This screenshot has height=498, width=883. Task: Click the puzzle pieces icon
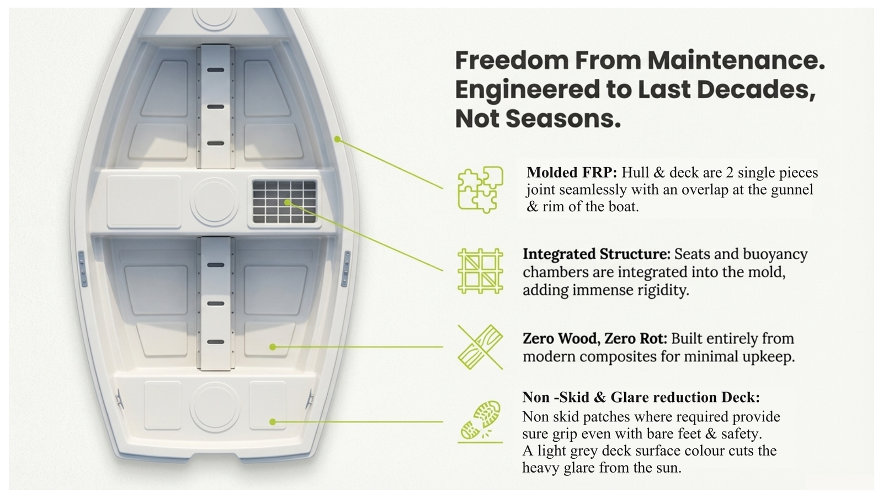click(x=480, y=189)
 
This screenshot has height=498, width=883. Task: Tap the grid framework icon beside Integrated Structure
click(x=480, y=271)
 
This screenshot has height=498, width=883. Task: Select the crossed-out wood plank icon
click(x=480, y=347)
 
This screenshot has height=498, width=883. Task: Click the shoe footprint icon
click(x=480, y=420)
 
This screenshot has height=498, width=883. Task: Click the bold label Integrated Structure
click(x=596, y=254)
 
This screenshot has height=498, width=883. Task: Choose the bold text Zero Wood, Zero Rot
click(x=595, y=338)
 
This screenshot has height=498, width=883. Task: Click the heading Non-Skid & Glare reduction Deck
click(x=641, y=397)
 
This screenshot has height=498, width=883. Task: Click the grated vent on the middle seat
click(x=284, y=201)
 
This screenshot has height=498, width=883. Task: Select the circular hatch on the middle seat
click(x=214, y=201)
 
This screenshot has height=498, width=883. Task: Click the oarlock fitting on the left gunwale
click(x=82, y=269)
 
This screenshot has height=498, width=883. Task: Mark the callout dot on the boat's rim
click(x=337, y=140)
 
